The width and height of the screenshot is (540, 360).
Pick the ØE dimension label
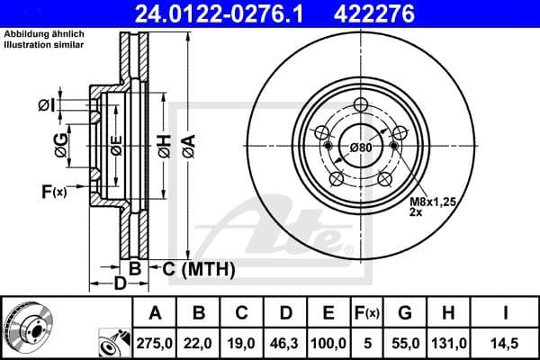pyautogui.click(x=115, y=144)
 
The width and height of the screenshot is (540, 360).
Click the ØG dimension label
pyautogui.click(x=59, y=144)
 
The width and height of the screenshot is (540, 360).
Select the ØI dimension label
pyautogui.click(x=47, y=105)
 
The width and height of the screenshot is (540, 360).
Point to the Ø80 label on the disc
pyautogui.click(x=361, y=147)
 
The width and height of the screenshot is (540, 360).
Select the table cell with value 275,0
pyautogui.click(x=155, y=342)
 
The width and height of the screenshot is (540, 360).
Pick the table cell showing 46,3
pyautogui.click(x=286, y=342)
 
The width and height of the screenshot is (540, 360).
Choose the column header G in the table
pyautogui.click(x=406, y=313)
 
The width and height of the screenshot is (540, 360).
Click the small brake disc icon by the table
pyautogui.click(x=28, y=328)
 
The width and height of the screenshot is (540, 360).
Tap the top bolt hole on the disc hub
pyautogui.click(x=361, y=103)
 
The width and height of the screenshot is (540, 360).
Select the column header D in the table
pyautogui.click(x=286, y=313)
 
